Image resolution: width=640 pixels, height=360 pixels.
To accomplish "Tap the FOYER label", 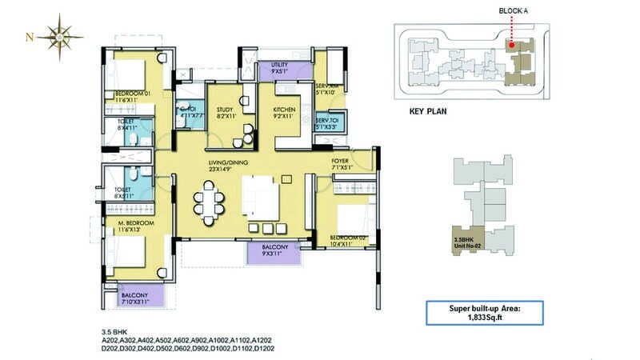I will pos(341,164).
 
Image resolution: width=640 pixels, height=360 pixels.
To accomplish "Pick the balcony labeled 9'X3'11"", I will pos(275,251).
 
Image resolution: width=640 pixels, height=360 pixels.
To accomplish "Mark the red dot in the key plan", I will pos(510,45).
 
